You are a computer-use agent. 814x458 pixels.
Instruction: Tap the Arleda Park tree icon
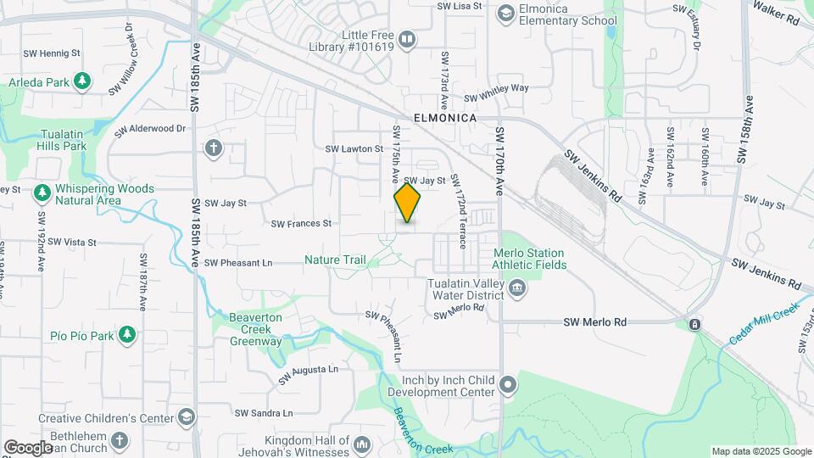82,81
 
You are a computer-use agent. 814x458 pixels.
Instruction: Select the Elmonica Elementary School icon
506,12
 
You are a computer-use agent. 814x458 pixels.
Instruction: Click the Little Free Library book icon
407,39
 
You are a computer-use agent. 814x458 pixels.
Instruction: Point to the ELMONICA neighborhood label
445,118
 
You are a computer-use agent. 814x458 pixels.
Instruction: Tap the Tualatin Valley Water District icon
516,290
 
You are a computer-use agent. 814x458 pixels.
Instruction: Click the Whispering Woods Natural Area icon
42,193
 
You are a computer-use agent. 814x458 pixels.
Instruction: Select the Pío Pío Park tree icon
126,335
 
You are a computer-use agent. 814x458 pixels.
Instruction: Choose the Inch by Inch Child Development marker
508,386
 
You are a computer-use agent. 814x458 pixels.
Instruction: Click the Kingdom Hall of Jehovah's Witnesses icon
362,444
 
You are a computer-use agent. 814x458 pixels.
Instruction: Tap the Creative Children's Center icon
186,417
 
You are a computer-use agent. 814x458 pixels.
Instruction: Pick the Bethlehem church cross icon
120,440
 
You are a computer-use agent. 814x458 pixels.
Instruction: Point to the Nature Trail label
335,260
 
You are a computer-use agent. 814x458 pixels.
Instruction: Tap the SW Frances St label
301,224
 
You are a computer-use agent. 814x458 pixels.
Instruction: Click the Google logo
28,448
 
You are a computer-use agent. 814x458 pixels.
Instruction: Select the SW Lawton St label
354,148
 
